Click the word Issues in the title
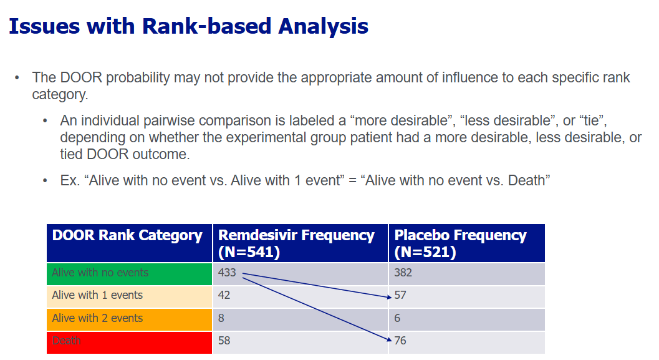(44, 26)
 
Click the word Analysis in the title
(323, 27)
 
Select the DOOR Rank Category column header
(127, 235)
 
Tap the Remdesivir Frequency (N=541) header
(296, 243)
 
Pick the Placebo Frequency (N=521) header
(460, 243)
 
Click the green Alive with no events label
(100, 273)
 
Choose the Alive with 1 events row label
(97, 295)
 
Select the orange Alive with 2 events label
(97, 318)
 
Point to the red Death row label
(67, 340)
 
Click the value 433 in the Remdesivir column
(227, 273)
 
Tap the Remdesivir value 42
(224, 295)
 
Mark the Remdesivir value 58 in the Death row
(224, 340)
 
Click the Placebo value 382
(403, 273)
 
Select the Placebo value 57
(400, 295)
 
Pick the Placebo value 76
(400, 340)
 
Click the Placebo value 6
(397, 318)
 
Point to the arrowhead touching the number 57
(389, 297)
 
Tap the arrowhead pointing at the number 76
(389, 339)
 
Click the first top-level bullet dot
(17, 78)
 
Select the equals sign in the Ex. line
(352, 181)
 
